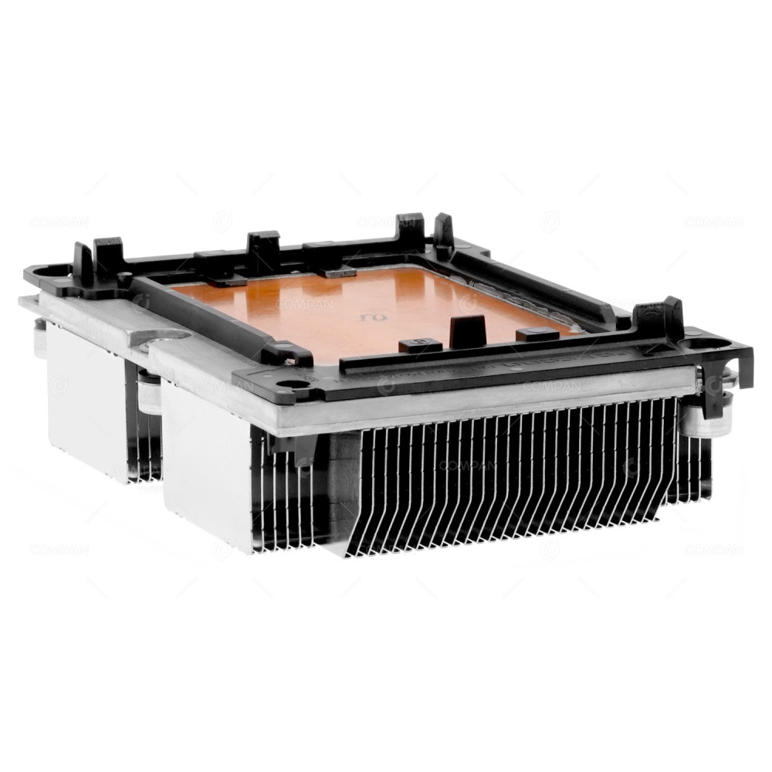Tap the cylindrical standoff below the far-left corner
pos(39,338)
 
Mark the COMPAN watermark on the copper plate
pos(304,305)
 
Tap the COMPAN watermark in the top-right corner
pos(713,222)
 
